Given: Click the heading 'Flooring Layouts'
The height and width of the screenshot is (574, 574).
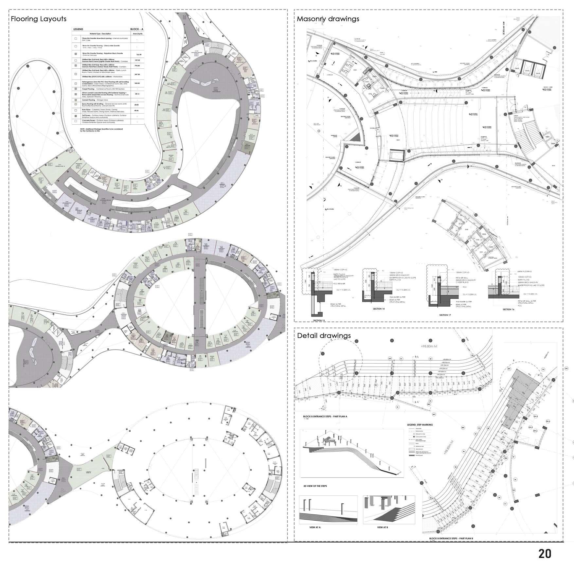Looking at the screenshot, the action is pyautogui.click(x=39, y=19).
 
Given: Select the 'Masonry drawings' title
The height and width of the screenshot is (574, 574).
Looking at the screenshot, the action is pyautogui.click(x=328, y=19).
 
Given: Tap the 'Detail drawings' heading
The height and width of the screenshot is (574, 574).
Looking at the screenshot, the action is pyautogui.click(x=324, y=335).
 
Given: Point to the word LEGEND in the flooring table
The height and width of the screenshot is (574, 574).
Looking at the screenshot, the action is pyautogui.click(x=78, y=29).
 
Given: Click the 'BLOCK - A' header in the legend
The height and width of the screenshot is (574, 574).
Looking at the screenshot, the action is pyautogui.click(x=137, y=29).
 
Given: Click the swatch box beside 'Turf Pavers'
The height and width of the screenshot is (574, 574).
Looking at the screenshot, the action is pyautogui.click(x=76, y=116).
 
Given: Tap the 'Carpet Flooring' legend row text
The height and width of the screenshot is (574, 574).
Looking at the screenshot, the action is pyautogui.click(x=98, y=89).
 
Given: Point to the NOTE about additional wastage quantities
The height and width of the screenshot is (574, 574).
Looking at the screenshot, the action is pyautogui.click(x=101, y=130).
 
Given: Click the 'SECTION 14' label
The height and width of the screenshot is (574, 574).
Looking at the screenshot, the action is pyautogui.click(x=379, y=309).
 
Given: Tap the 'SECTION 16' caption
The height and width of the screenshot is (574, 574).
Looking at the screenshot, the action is pyautogui.click(x=509, y=309).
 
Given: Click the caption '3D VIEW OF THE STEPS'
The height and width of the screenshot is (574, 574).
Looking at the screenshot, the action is pyautogui.click(x=315, y=486).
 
